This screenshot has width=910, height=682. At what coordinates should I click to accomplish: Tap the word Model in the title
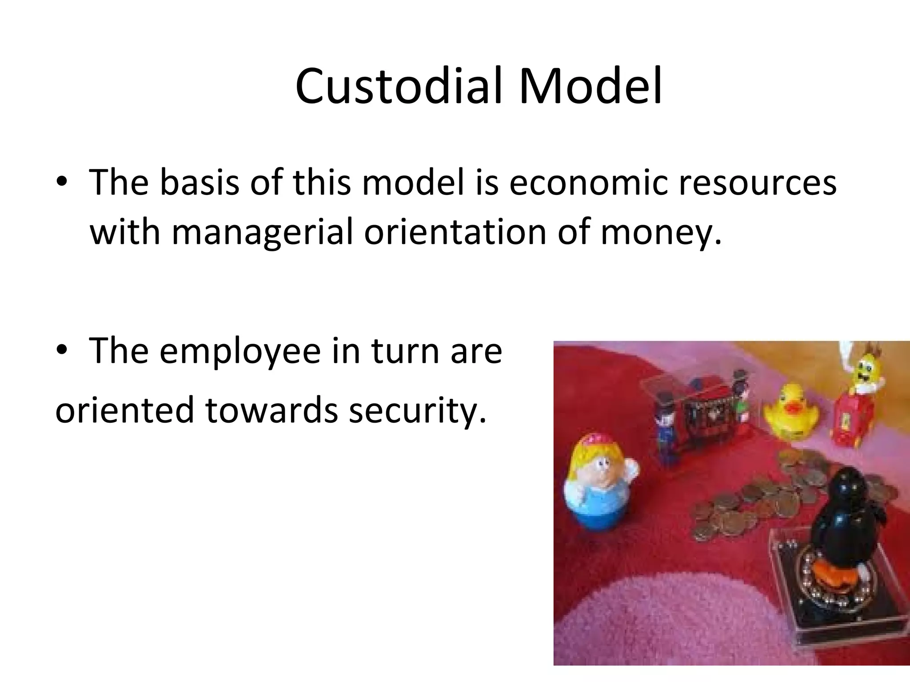pyautogui.click(x=591, y=87)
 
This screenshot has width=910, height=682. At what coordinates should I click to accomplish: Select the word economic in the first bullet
pyautogui.click(x=588, y=182)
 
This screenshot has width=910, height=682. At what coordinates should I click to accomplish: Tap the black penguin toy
pyautogui.click(x=846, y=515)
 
